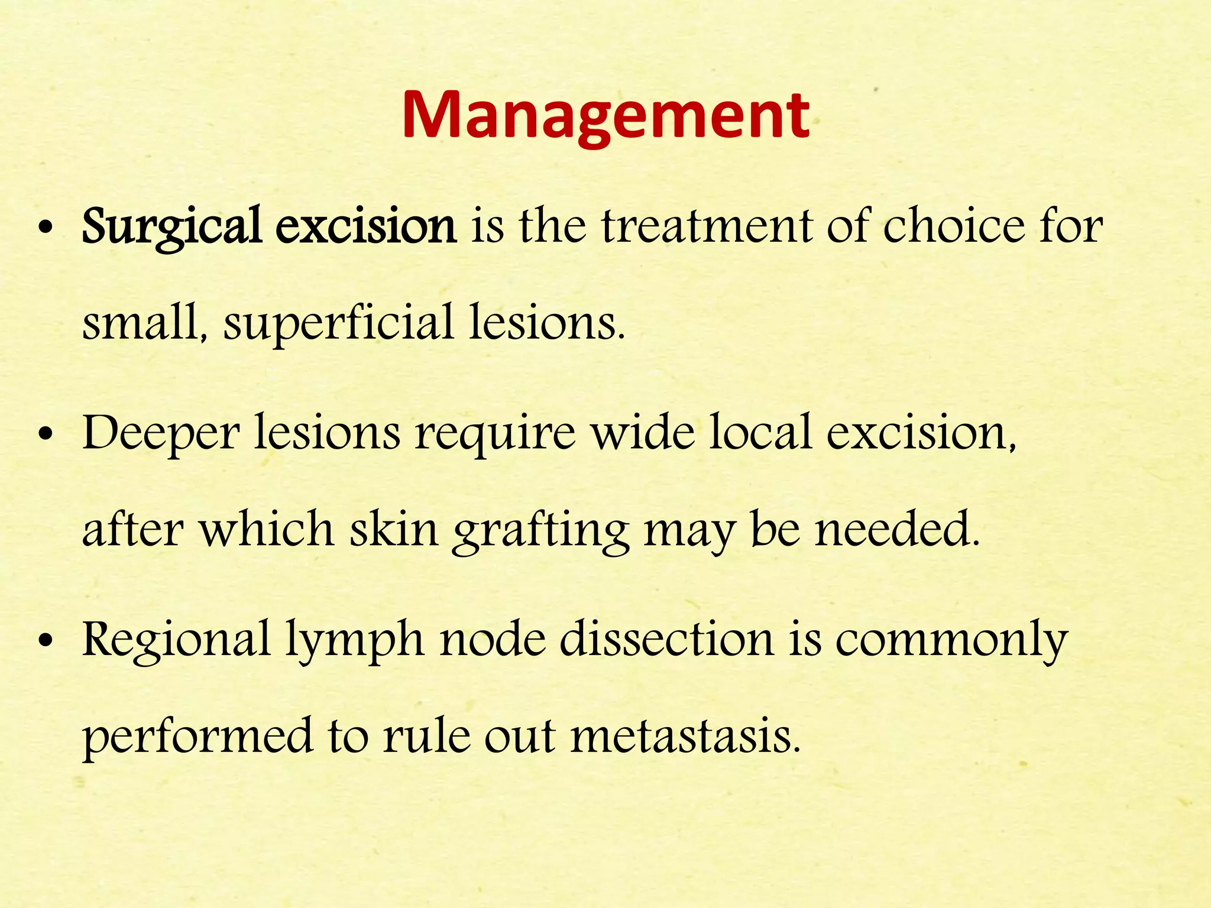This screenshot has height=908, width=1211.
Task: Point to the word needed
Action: [x=897, y=529]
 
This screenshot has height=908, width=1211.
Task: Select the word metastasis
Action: [x=685, y=736]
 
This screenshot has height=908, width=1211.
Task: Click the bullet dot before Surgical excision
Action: [x=45, y=229]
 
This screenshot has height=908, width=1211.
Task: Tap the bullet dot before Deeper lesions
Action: [x=45, y=436]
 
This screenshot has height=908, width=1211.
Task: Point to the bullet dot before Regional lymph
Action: [x=45, y=643]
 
